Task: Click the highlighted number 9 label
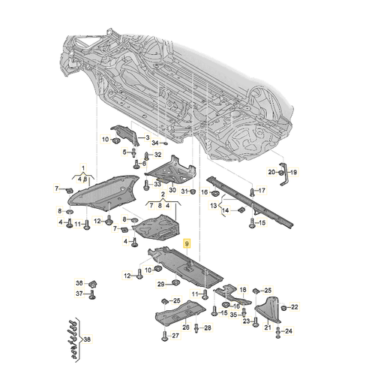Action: pyautogui.click(x=188, y=244)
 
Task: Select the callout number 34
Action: pyautogui.click(x=155, y=142)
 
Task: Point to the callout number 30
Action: pyautogui.click(x=171, y=191)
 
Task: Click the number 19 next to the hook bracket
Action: pyautogui.click(x=294, y=172)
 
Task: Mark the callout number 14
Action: pyautogui.click(x=224, y=211)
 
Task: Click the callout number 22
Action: pyautogui.click(x=295, y=306)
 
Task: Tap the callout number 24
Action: pyautogui.click(x=289, y=330)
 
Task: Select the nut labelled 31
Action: pyautogui.click(x=192, y=192)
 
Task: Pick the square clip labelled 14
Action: pyautogui.click(x=241, y=211)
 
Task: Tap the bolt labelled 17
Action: pyautogui.click(x=249, y=192)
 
